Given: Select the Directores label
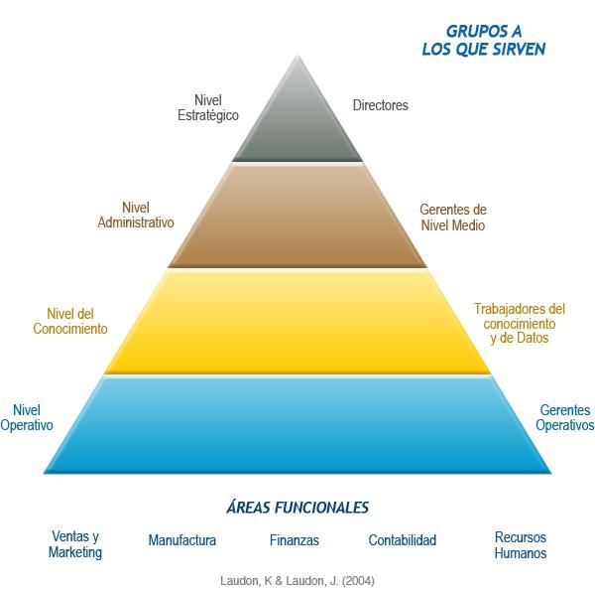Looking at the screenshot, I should (381, 104).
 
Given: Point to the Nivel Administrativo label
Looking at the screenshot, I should (136, 215).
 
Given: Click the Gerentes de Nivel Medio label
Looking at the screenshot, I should (453, 219).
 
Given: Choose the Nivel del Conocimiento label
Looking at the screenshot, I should (70, 321).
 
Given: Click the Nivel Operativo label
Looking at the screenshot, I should (34, 417).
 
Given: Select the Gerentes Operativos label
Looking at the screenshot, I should (564, 417).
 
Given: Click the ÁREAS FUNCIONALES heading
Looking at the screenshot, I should (297, 508).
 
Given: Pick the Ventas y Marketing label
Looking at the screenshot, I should (75, 544).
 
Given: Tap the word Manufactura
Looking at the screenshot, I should (181, 541).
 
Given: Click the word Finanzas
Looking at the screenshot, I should (294, 541).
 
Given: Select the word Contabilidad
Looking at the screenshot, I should (402, 541).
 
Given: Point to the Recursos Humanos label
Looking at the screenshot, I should (520, 545).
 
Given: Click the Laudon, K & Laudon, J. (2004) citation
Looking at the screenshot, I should (297, 578).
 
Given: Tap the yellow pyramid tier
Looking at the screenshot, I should (297, 323).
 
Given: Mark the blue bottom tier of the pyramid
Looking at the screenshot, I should (297, 425).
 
